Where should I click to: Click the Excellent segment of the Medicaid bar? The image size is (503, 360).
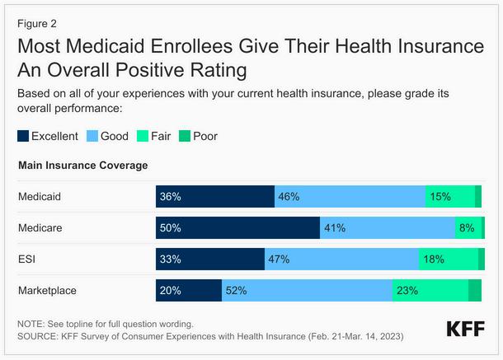pyautogui.click(x=214, y=197)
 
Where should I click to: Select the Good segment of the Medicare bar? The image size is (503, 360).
pyautogui.click(x=387, y=228)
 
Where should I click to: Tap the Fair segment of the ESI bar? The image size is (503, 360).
pyautogui.click(x=448, y=259)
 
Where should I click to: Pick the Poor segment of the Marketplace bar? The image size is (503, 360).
pyautogui.click(x=475, y=291)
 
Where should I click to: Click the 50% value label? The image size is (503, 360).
pyautogui.click(x=170, y=228)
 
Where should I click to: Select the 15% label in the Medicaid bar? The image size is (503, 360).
pyautogui.click(x=440, y=197)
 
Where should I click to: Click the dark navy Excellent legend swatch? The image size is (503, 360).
pyautogui.click(x=24, y=136)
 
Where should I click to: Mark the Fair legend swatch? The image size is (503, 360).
pyautogui.click(x=142, y=136)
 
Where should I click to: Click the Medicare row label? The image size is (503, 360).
pyautogui.click(x=40, y=228)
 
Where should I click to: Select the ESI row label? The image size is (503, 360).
pyautogui.click(x=26, y=259)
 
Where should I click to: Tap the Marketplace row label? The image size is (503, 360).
pyautogui.click(x=47, y=291)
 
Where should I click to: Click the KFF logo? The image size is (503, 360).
pyautogui.click(x=465, y=330)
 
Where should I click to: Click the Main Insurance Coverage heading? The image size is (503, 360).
pyautogui.click(x=82, y=166)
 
